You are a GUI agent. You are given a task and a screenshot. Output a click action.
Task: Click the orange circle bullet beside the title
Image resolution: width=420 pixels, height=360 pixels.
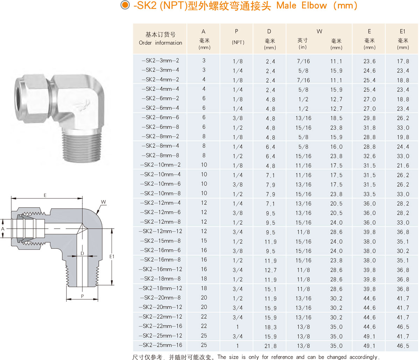pos(125,5)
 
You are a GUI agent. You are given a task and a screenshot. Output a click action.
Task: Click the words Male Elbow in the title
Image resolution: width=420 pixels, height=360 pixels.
pos(302,6)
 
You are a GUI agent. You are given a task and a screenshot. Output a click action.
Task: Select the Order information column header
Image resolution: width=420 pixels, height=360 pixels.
pos(160,43)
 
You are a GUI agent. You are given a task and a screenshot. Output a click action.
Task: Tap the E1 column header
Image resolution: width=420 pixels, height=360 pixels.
pos(402,31)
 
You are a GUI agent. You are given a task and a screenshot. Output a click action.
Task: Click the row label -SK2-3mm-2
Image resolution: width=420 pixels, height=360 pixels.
pos(160,61)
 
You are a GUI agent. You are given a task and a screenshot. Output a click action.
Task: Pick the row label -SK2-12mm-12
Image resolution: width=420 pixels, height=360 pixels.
pos(160,231)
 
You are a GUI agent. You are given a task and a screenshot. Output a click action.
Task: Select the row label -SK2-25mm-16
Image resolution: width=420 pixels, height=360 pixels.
pos(160,345)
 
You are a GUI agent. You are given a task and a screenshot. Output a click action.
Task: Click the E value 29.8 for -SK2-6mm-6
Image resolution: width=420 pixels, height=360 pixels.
pos(369,118)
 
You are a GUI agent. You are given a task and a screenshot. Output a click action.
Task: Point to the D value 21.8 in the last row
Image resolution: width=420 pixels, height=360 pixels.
pos(271,346)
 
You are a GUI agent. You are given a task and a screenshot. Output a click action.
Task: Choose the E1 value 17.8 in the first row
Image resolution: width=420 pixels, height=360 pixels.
pos(403,61)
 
